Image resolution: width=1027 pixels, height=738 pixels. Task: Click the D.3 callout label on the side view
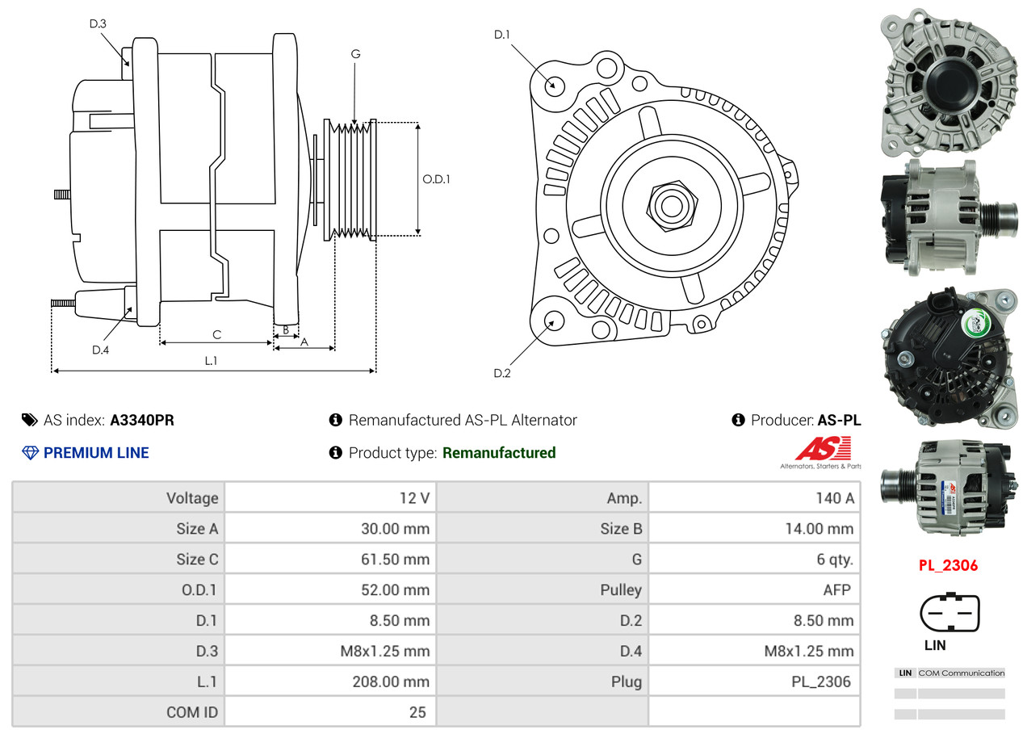tap(98, 23)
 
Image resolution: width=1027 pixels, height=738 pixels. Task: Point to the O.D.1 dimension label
tap(436, 179)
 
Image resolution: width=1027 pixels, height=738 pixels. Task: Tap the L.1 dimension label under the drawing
tap(211, 361)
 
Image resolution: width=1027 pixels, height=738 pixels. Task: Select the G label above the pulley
tap(355, 54)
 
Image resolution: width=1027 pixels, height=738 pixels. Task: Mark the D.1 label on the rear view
tap(502, 35)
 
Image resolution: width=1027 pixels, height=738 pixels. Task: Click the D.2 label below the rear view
tap(502, 373)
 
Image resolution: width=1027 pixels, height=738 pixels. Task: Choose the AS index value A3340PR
tap(142, 420)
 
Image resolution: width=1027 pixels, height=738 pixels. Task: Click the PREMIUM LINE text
tap(96, 453)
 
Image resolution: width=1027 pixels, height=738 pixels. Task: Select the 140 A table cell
tap(834, 498)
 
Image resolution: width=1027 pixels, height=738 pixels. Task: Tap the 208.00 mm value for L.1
tap(391, 682)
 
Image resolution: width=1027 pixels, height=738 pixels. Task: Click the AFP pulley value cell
tap(836, 590)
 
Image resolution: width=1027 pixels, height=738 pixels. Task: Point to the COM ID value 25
tap(417, 713)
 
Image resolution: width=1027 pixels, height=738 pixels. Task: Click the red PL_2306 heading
tap(948, 565)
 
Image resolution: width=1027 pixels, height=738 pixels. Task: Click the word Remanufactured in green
tap(499, 453)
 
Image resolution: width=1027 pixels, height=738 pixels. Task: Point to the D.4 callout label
tap(100, 350)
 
